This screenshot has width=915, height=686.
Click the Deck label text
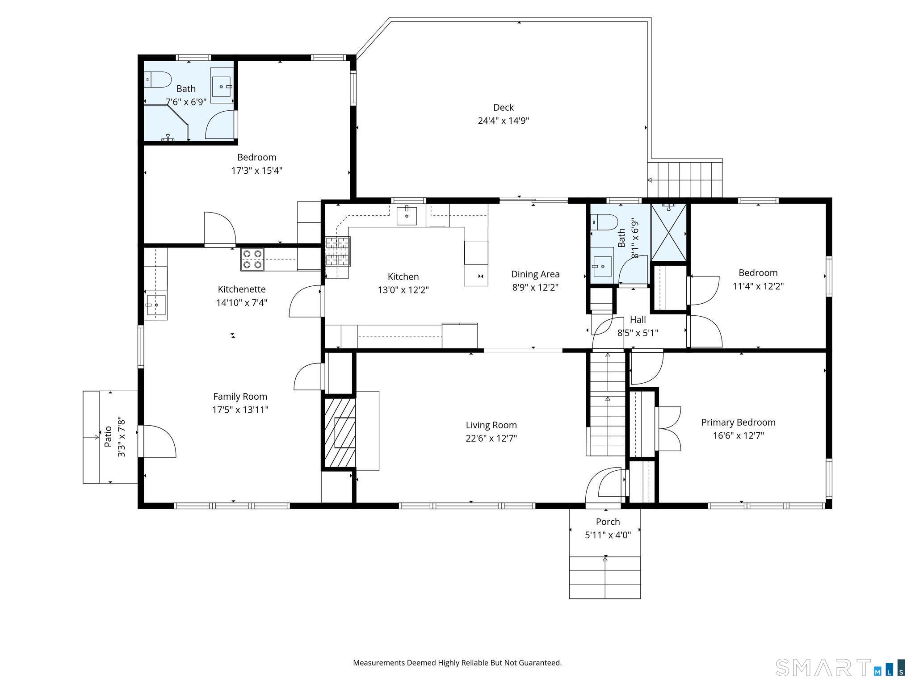pos(503,108)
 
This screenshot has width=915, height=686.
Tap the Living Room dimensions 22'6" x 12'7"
pos(491,439)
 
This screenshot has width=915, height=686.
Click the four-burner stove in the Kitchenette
pos(252,259)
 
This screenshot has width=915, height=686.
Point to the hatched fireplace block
pos(340,432)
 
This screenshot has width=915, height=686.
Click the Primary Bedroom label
pos(738,422)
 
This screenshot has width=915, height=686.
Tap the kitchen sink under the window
pos(407,216)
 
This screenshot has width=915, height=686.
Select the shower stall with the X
pos(668,232)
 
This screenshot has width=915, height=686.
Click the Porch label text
pos(608,522)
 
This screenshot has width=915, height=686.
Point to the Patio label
pos(108,437)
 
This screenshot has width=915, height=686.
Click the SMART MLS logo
pos(840,668)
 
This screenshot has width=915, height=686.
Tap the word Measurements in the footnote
pos(378,663)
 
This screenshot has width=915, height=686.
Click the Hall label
pos(638,320)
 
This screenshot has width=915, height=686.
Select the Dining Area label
pos(535,274)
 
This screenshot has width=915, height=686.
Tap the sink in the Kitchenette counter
pos(155,305)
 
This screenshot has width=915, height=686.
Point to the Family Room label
pos(240,397)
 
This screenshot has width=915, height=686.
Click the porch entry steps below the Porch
pos(604,577)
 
